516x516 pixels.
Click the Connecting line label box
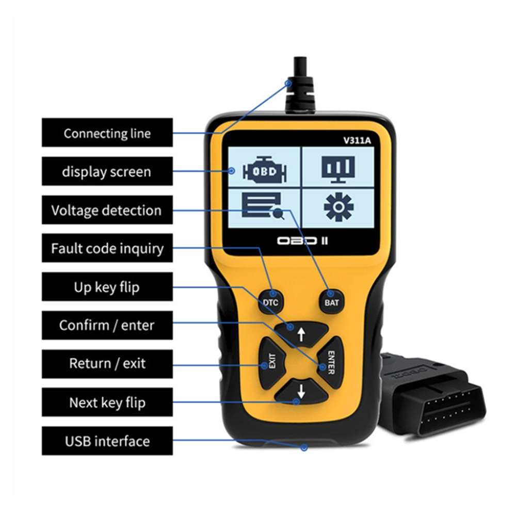pos(107,133)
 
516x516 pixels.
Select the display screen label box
pos(107,172)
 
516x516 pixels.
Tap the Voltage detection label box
pos(107,211)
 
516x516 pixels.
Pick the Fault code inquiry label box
pos(107,249)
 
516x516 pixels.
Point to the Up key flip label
pos(107,287)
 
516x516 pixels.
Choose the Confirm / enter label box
pos(107,326)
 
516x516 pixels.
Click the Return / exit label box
pos(107,364)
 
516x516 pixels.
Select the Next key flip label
pos(107,402)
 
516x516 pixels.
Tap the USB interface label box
pos(107,441)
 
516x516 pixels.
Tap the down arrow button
pos(301,392)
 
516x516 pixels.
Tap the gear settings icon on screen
pos(338,207)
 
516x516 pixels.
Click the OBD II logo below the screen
pos(302,240)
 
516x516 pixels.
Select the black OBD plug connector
pos(433,397)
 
